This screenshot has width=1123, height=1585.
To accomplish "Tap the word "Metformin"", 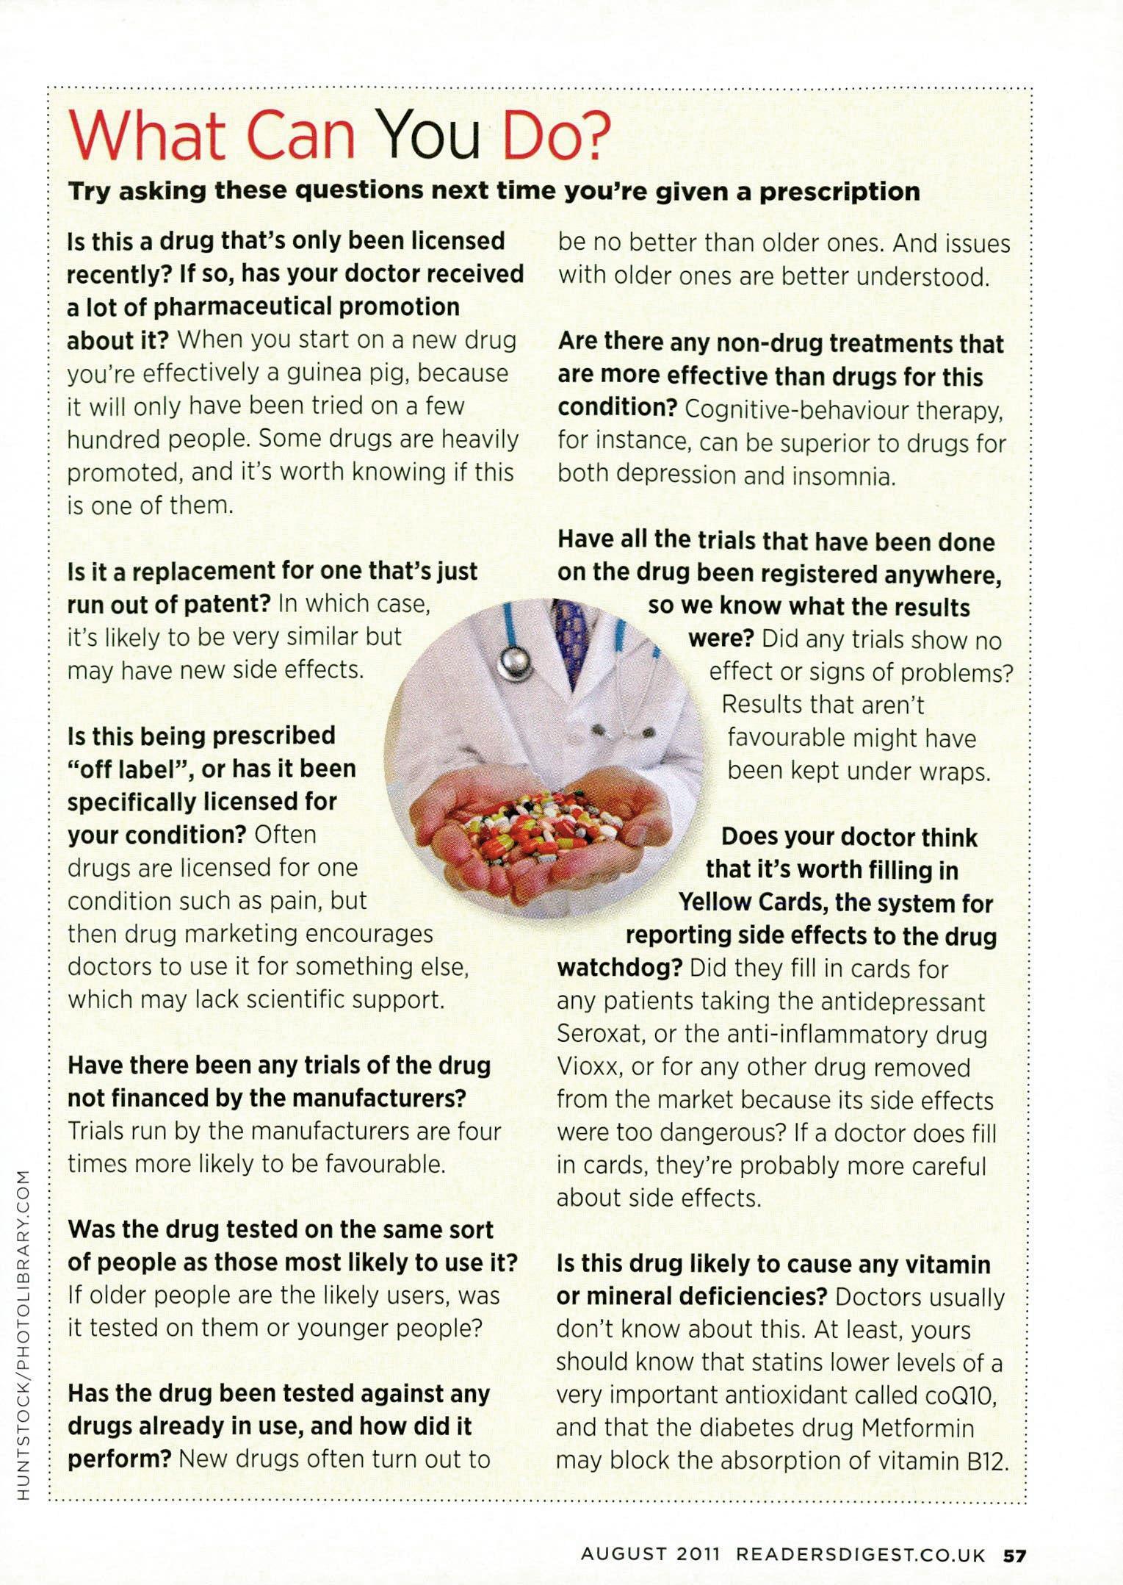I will point(917,1427).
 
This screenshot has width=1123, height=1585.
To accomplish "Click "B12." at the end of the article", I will point(986,1460).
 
